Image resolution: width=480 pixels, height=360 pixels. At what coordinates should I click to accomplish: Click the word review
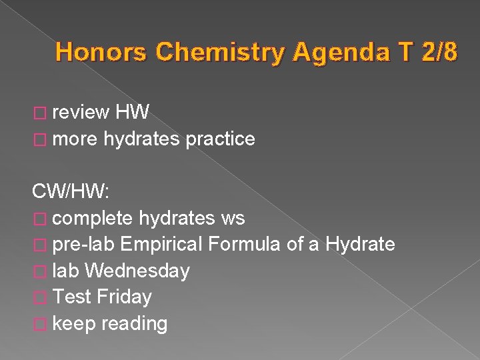click(81, 113)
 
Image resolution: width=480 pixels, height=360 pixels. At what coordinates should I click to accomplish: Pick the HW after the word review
click(132, 113)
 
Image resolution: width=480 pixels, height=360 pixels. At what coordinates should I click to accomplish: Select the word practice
click(220, 139)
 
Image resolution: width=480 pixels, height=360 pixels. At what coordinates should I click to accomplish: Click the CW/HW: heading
click(70, 192)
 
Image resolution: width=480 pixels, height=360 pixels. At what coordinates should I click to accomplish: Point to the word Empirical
click(162, 245)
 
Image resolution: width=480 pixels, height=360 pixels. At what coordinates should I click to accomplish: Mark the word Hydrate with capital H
click(360, 245)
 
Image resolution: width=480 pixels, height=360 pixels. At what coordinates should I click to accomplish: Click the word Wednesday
click(137, 271)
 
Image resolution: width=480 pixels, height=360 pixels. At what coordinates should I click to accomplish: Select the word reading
click(135, 324)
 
